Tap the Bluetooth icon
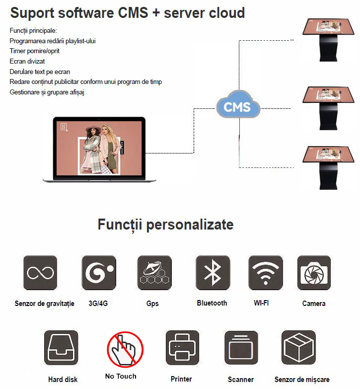click(x=213, y=273)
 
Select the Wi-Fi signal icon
click(x=266, y=273)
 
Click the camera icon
click(x=314, y=273)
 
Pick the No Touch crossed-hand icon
click(x=125, y=349)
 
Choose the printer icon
click(x=182, y=347)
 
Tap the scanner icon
click(x=241, y=347)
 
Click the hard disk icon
click(x=61, y=347)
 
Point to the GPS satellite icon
click(x=154, y=273)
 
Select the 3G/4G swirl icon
click(x=99, y=273)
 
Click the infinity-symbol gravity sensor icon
click(x=40, y=273)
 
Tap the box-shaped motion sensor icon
click(x=299, y=347)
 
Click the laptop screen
click(x=99, y=149)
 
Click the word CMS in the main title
click(x=133, y=12)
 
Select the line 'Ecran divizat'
click(x=27, y=61)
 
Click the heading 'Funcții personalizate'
click(x=166, y=225)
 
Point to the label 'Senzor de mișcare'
click(x=302, y=380)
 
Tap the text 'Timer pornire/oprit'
click(x=34, y=51)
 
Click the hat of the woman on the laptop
click(x=93, y=129)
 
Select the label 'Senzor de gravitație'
click(x=44, y=304)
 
